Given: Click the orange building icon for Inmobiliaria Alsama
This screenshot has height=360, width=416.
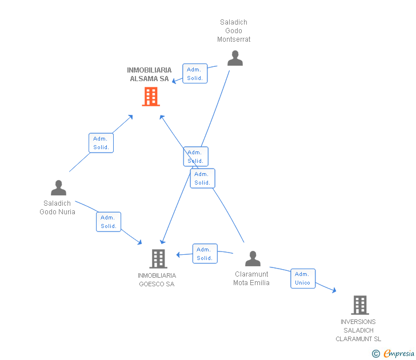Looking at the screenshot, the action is pyautogui.click(x=151, y=97).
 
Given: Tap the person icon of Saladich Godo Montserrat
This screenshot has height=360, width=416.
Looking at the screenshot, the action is pyautogui.click(x=235, y=58).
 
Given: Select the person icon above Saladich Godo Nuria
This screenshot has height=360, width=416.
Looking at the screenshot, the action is pyautogui.click(x=59, y=188).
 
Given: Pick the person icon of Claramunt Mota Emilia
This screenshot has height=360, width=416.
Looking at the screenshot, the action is pyautogui.click(x=253, y=258).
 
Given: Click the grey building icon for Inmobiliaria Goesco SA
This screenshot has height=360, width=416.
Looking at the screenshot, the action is pyautogui.click(x=158, y=259).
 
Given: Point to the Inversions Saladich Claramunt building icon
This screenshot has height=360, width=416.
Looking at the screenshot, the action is pyautogui.click(x=360, y=305).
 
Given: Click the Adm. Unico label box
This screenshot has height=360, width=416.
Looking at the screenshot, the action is pyautogui.click(x=303, y=278).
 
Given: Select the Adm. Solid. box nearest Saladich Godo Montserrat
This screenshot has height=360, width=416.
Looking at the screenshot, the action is pyautogui.click(x=195, y=74).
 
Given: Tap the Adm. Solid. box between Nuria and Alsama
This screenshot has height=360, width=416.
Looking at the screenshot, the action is pyautogui.click(x=101, y=143).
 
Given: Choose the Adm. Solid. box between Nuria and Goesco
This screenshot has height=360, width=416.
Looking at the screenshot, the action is pyautogui.click(x=109, y=222).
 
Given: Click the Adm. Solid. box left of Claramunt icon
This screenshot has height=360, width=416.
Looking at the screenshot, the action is pyautogui.click(x=205, y=254).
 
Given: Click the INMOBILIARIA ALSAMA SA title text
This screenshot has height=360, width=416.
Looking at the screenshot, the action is pyautogui.click(x=149, y=74).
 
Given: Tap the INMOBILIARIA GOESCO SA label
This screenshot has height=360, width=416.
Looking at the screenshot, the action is pyautogui.click(x=157, y=279).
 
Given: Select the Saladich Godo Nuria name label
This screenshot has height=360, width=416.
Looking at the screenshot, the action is pyautogui.click(x=57, y=207).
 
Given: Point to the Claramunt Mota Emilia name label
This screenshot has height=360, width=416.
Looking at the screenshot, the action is pyautogui.click(x=251, y=278).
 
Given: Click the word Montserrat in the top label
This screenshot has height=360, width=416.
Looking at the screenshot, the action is pyautogui.click(x=234, y=39).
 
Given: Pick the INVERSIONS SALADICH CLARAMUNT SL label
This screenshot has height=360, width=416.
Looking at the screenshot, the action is pyautogui.click(x=358, y=330).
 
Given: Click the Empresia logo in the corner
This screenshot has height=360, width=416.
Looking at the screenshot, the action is pyautogui.click(x=399, y=354).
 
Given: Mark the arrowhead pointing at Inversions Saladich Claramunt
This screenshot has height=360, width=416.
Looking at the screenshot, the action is pyautogui.click(x=334, y=290).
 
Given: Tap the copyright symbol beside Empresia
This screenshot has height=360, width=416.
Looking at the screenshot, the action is pyautogui.click(x=376, y=354).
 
